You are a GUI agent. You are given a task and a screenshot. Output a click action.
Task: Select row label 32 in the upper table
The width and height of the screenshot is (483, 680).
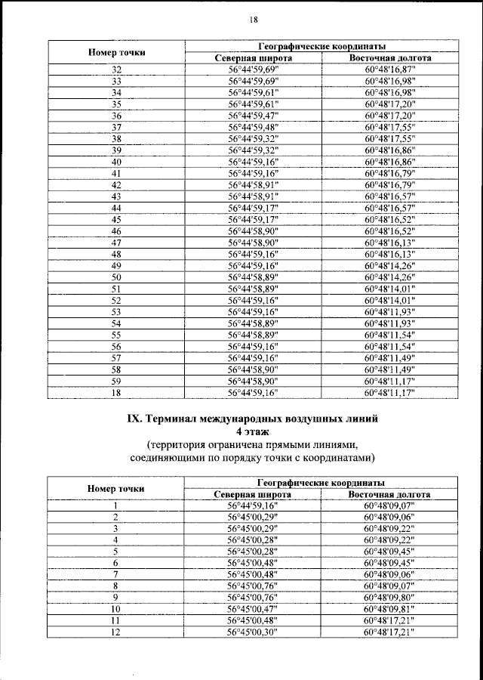[117, 70]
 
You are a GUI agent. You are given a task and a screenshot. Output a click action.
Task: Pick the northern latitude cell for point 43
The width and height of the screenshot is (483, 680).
[254, 196]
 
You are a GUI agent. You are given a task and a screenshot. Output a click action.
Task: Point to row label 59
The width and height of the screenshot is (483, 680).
[117, 382]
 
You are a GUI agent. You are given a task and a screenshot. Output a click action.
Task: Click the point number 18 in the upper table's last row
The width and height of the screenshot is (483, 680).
[117, 393]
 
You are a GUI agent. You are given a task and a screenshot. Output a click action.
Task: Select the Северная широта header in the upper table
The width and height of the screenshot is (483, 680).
[254, 57]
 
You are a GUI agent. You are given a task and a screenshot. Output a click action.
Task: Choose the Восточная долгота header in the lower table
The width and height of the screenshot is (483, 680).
[389, 494]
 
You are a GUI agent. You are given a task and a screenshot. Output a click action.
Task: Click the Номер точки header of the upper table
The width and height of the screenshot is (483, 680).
[117, 52]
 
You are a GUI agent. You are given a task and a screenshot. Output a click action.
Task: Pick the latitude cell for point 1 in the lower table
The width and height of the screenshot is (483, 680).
[254, 505]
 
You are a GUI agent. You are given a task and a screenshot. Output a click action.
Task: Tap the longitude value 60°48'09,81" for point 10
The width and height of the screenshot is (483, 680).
[390, 607]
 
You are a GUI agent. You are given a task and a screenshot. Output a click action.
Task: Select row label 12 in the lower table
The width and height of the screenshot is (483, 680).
[116, 630]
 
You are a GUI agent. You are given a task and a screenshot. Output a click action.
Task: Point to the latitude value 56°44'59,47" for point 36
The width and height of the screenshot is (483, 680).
[254, 116]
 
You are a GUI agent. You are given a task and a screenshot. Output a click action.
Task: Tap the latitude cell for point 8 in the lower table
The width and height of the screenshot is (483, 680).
[254, 585]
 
